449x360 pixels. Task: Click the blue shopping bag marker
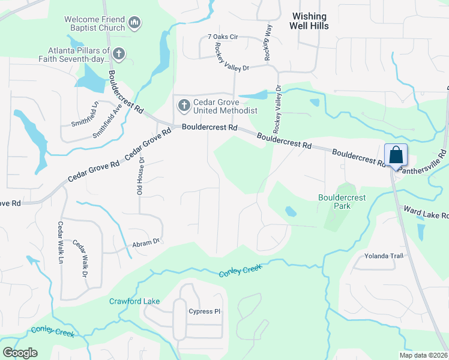click(396, 155)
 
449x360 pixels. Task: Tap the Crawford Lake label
click(134, 301)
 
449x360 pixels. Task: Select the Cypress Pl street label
click(205, 312)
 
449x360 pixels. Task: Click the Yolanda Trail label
click(384, 256)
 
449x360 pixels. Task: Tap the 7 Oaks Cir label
click(223, 37)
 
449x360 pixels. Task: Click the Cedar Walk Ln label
click(60, 242)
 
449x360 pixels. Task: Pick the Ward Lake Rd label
click(426, 212)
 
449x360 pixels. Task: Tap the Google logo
click(20, 353)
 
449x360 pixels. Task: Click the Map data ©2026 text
click(423, 355)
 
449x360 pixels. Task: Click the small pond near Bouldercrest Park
click(291, 211)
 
